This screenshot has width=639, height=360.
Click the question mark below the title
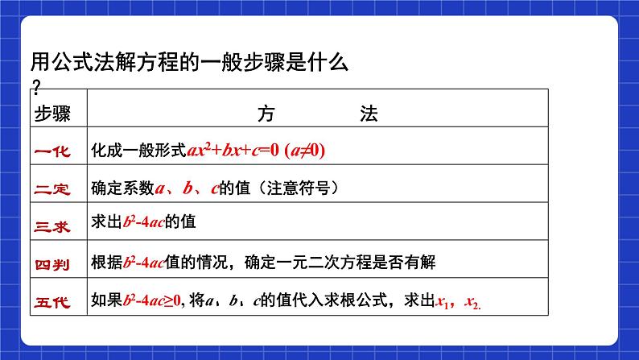coord(35,85)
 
